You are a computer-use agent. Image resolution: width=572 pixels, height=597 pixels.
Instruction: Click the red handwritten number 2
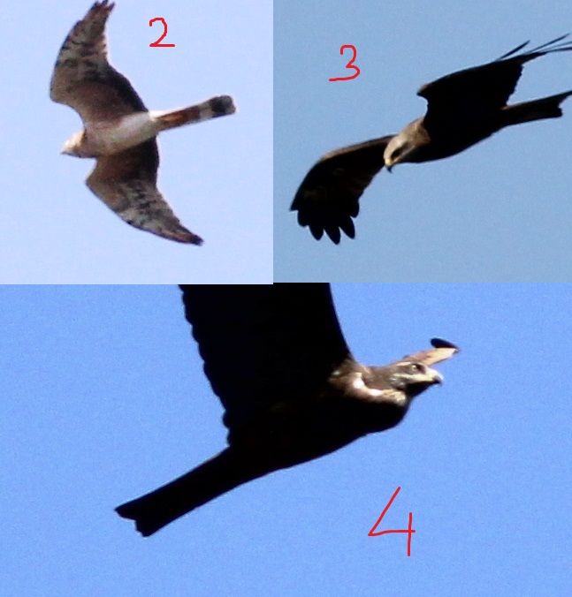tap(161, 34)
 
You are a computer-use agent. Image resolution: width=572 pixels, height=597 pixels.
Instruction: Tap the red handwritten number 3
tap(346, 64)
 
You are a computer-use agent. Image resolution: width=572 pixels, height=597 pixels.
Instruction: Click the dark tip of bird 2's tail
tap(222, 105)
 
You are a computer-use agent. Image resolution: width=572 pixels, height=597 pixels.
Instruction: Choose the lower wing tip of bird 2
tap(193, 238)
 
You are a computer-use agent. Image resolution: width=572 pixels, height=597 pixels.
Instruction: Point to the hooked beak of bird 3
tap(389, 166)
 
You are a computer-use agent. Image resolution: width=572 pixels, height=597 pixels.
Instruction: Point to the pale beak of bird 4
tap(437, 376)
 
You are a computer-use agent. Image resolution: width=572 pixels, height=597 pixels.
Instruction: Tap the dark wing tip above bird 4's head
tap(445, 344)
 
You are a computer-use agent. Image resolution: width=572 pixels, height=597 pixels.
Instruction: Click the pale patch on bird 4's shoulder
tap(360, 384)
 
